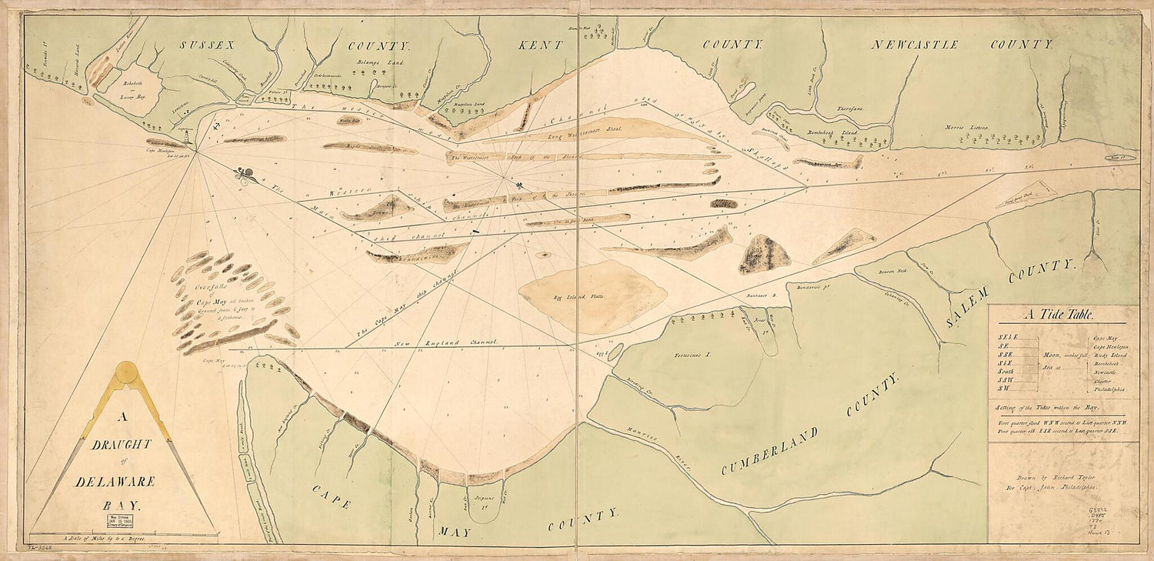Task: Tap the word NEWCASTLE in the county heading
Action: coord(915,45)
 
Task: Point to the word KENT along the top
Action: coord(542,46)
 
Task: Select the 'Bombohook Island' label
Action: coord(834,132)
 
